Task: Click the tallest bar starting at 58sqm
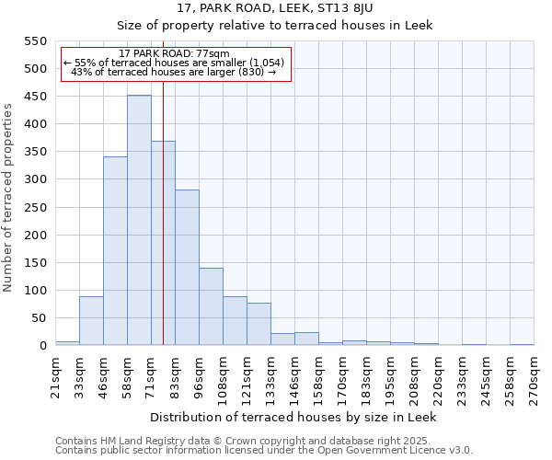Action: click(x=139, y=220)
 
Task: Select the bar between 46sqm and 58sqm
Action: click(x=115, y=251)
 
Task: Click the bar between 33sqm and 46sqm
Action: click(x=91, y=321)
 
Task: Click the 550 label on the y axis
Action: click(x=35, y=41)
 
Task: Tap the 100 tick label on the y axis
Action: click(x=35, y=291)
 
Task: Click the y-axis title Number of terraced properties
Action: click(x=9, y=198)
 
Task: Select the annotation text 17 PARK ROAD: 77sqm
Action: click(x=175, y=53)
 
